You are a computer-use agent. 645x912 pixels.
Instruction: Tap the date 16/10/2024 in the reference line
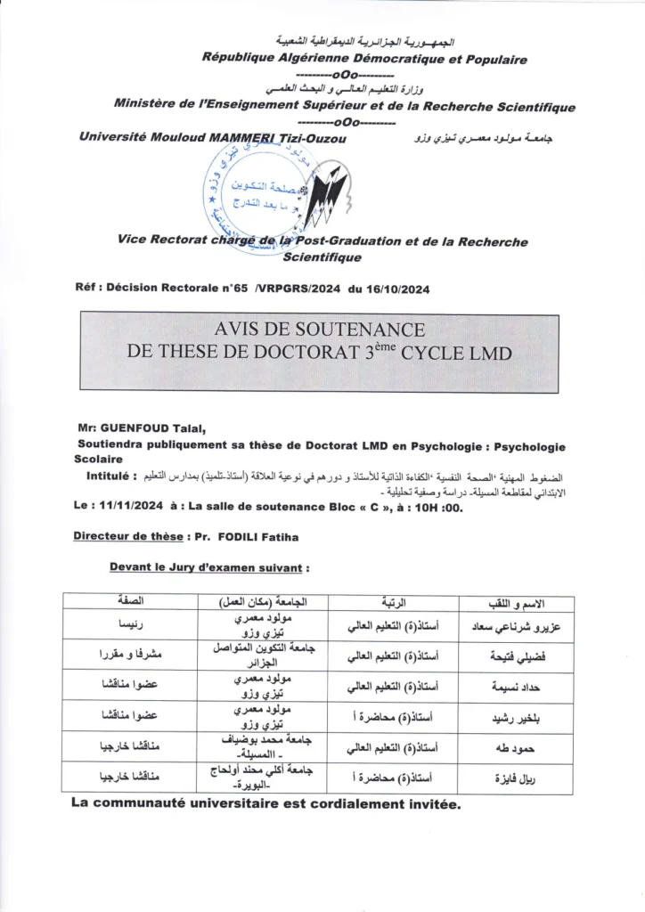[x=395, y=288]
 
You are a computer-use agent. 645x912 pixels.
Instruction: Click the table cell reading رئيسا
[x=131, y=624]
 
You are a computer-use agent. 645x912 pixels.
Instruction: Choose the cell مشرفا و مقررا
[x=131, y=655]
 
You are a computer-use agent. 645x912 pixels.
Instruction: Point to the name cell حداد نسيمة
[x=518, y=687]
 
